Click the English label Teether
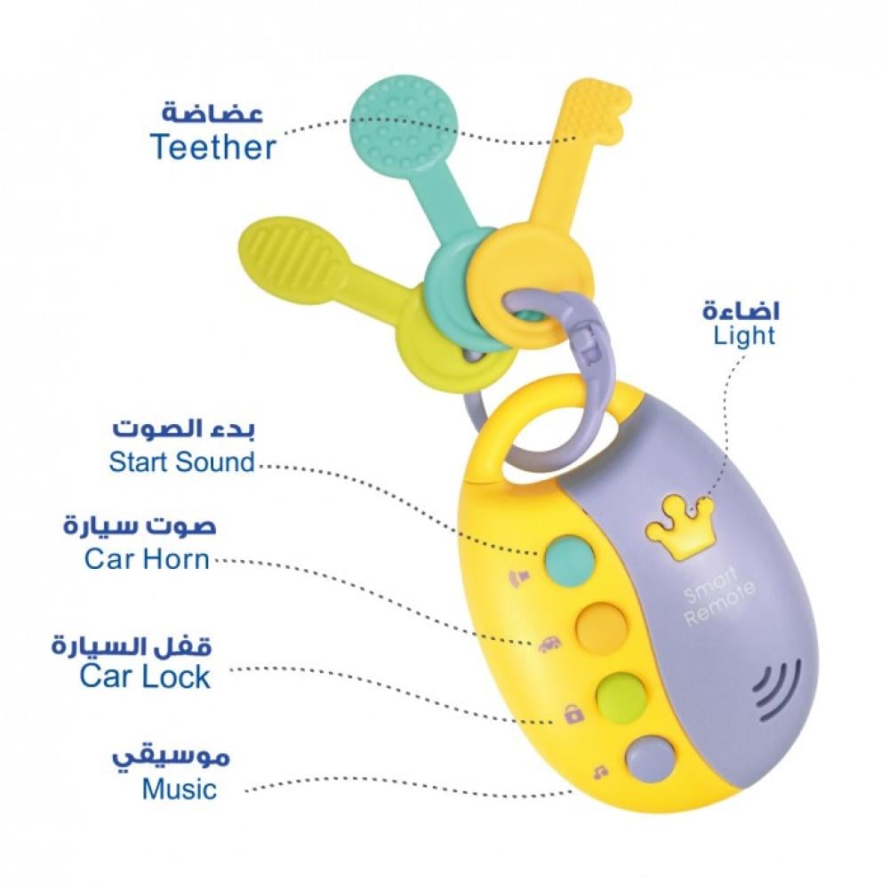213,147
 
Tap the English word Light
744,336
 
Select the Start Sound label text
182,461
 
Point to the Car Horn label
147,559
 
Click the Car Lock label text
145,677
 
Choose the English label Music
180,789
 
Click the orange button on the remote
601,627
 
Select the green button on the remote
621,696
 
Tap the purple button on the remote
650,758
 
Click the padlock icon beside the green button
573,714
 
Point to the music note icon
600,772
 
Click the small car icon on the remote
549,645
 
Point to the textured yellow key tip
596,109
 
